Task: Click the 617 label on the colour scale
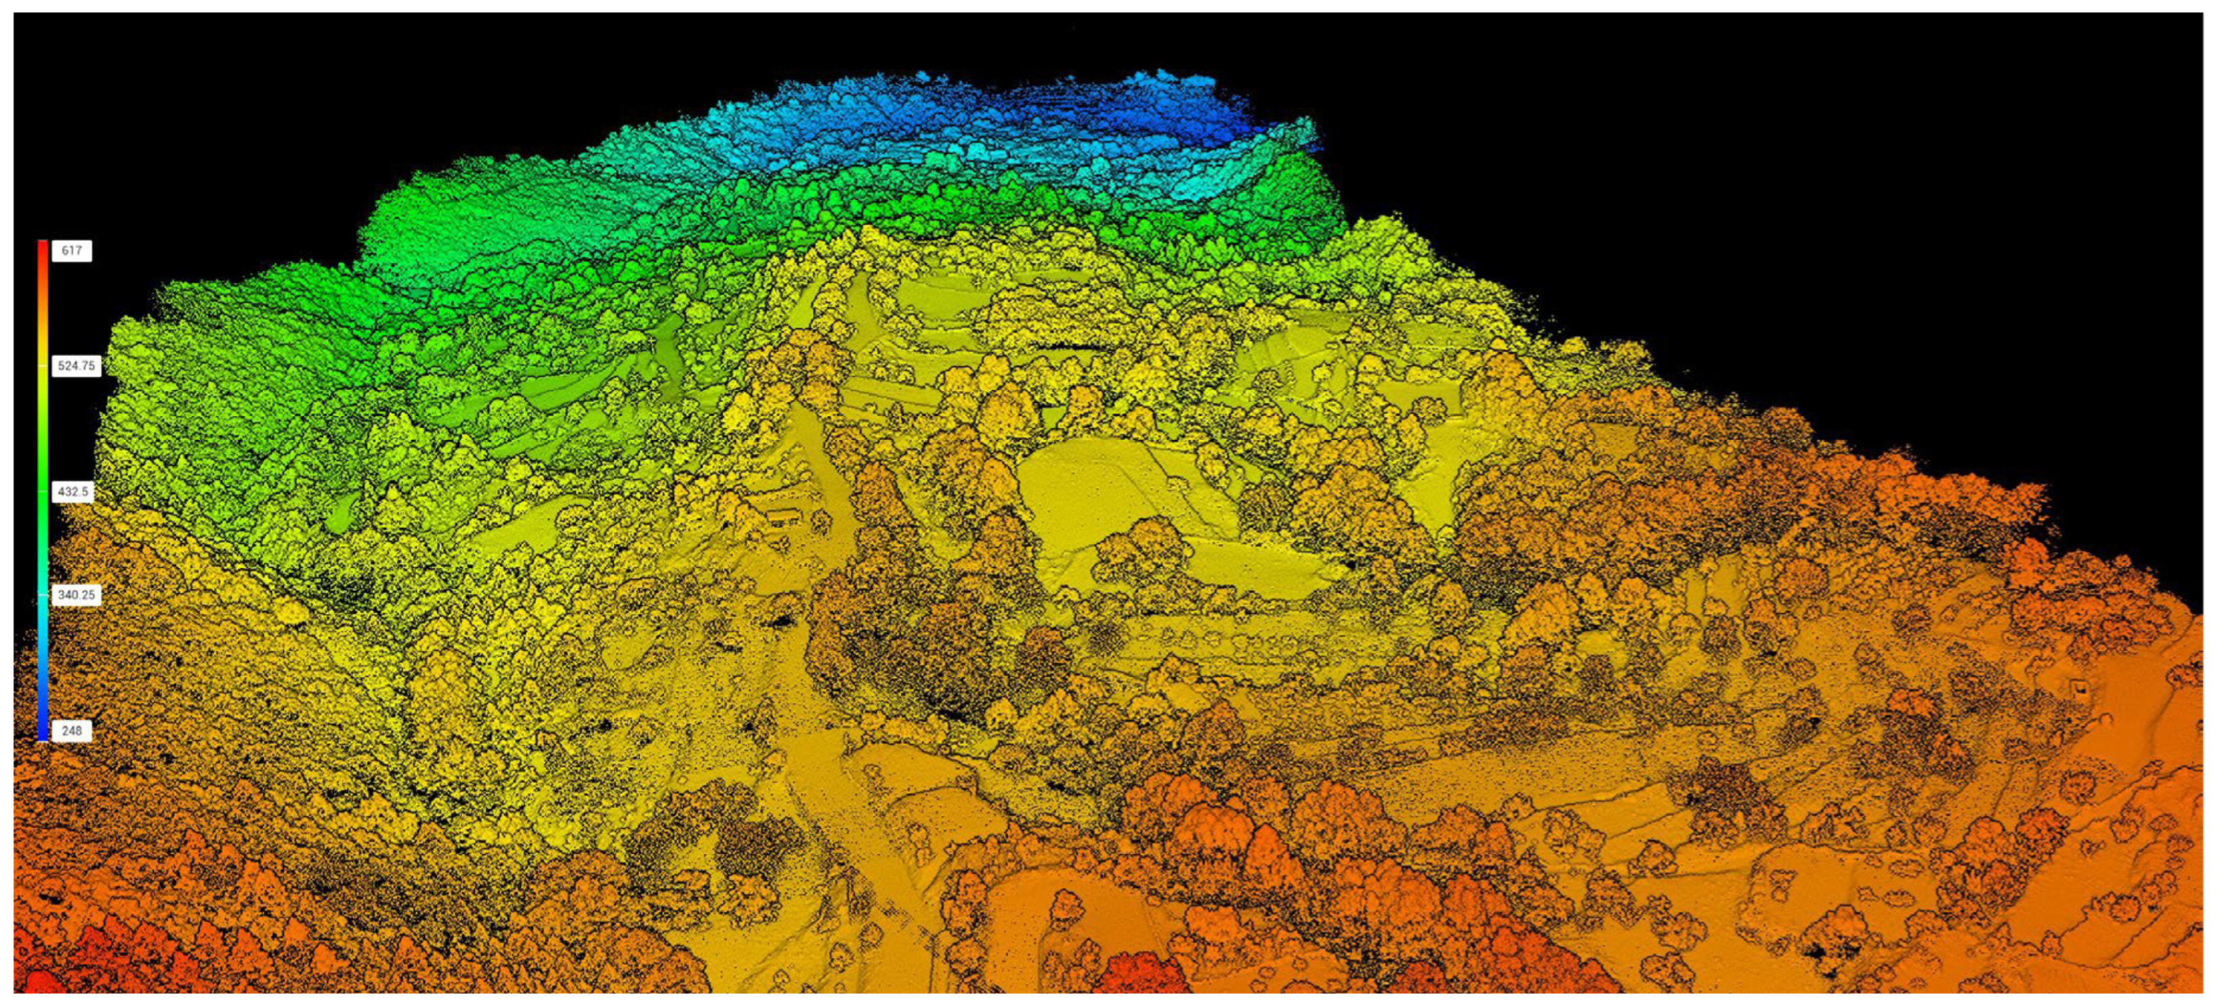coord(71,250)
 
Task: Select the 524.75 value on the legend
coord(76,366)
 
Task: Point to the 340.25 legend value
coord(76,595)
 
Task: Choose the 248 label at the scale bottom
coord(71,731)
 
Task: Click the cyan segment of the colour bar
coord(42,603)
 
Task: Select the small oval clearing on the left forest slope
coord(291,613)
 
